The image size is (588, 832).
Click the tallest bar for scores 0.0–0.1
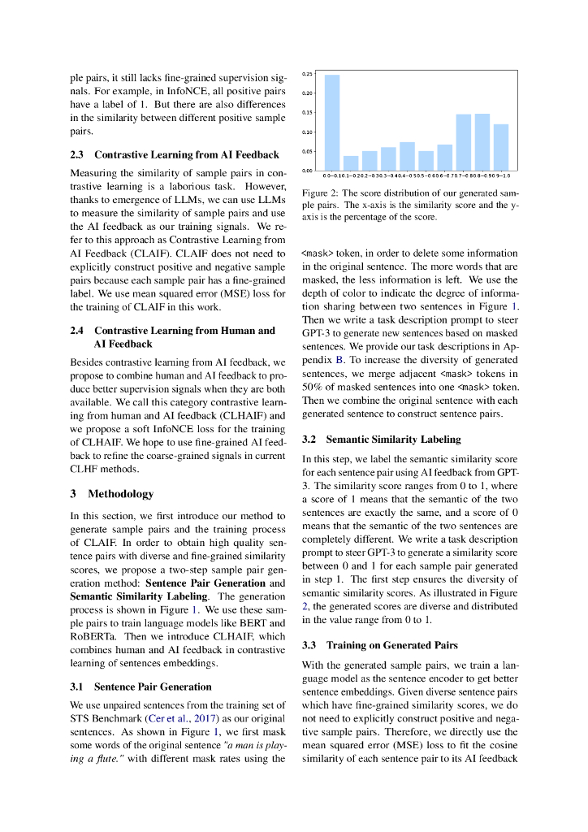(332, 123)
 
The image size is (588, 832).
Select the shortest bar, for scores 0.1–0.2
(351, 163)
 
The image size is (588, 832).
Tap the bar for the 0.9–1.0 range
(501, 147)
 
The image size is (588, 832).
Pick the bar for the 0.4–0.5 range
(407, 156)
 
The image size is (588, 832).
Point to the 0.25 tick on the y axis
(306, 74)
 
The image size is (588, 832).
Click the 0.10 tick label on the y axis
(306, 132)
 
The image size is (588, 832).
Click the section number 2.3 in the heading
(78, 154)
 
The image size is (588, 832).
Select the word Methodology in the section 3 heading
(120, 494)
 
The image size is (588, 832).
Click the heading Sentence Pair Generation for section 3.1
(153, 687)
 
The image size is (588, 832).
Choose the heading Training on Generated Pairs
(391, 645)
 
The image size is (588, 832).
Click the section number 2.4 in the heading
(78, 331)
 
